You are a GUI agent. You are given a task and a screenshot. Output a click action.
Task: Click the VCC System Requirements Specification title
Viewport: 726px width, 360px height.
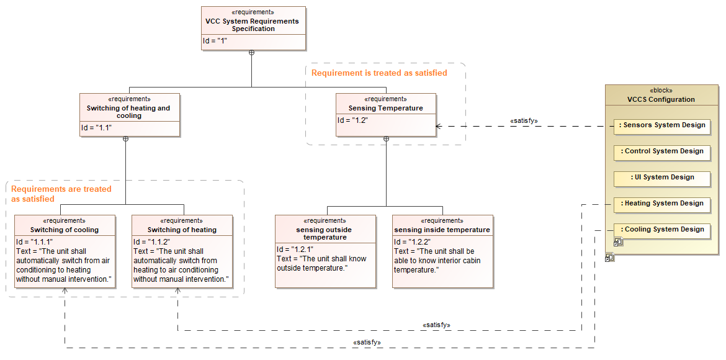click(253, 25)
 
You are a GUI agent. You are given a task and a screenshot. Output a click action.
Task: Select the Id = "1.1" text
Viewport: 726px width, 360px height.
click(96, 128)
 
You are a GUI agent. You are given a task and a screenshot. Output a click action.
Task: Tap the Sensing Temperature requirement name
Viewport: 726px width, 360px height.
click(385, 108)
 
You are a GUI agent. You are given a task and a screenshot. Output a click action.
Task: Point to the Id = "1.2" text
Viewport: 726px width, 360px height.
click(353, 120)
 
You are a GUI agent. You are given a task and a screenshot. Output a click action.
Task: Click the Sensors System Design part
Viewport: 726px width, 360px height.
click(661, 125)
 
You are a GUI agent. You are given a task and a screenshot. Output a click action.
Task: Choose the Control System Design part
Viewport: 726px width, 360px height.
click(661, 151)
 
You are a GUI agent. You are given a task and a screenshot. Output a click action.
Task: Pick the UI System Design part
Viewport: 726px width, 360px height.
click(661, 178)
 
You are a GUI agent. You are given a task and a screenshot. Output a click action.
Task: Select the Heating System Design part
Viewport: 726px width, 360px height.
click(661, 204)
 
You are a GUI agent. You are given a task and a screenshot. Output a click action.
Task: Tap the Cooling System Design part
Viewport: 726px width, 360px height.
click(661, 230)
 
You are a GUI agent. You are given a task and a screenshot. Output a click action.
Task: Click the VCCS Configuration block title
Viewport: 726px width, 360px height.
click(661, 99)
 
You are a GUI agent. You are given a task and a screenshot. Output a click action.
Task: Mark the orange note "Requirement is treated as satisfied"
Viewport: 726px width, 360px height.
click(379, 73)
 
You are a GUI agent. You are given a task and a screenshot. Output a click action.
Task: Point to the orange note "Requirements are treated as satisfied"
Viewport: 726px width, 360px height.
click(61, 194)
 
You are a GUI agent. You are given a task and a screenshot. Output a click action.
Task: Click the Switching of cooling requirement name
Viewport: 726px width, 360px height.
click(65, 230)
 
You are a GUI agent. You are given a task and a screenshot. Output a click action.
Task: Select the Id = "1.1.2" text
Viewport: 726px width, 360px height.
click(151, 241)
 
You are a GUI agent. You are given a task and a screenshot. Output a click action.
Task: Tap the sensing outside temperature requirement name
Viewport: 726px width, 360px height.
click(325, 233)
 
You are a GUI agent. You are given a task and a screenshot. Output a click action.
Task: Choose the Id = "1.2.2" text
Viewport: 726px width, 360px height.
click(412, 241)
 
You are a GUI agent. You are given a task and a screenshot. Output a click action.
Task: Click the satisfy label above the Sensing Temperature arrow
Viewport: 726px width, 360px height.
click(523, 120)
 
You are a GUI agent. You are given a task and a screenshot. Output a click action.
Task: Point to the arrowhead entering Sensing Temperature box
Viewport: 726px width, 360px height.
click(439, 126)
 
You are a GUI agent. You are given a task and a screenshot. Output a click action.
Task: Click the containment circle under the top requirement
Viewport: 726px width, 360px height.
click(251, 53)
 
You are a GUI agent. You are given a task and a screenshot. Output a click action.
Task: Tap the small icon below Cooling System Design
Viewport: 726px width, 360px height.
click(618, 242)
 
